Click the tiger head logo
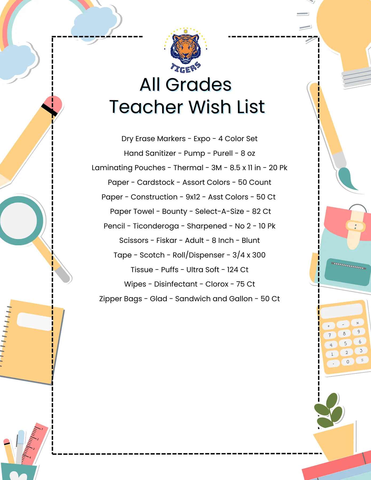pos(186,48)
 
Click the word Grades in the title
pos(198,85)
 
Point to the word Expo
pos(202,139)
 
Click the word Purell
pos(223,153)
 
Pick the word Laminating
pos(129,168)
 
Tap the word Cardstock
pos(155,182)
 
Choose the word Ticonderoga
pos(156,226)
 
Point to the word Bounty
pos(174,211)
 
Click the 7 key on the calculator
pos(330,335)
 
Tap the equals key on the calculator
pos(362,360)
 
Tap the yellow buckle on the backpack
pos(356,227)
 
